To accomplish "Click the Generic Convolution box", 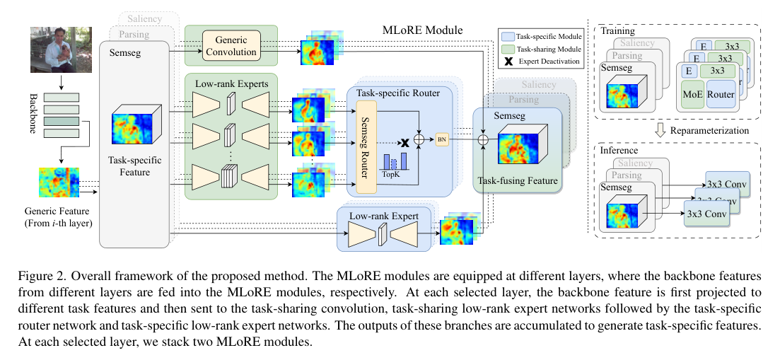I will [231, 45].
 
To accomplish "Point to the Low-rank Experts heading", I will [231, 84].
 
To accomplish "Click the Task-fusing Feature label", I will [517, 181].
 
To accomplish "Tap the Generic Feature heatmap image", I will [59, 180].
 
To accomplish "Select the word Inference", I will [618, 151].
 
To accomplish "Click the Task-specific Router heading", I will [399, 93].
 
